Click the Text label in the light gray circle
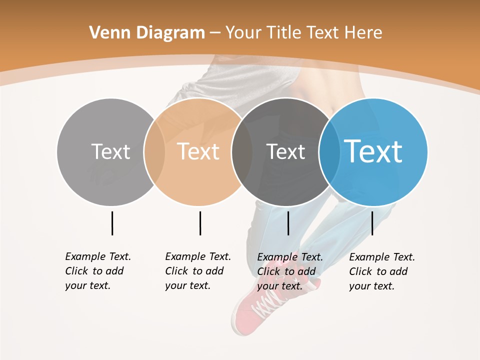coord(110,151)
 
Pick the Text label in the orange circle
coord(198,151)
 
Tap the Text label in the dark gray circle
coord(285,151)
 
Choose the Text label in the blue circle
coord(373,151)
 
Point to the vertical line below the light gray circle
coord(112,223)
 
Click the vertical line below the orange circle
coord(200,223)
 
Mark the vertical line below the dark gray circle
coord(288,223)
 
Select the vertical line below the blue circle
coord(372,223)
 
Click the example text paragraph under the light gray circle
coord(98,271)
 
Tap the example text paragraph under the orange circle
coord(198,271)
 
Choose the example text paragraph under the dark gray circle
coord(290,271)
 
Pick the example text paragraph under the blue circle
coord(382,271)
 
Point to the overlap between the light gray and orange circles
coord(154,152)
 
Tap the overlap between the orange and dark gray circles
coord(242,152)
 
